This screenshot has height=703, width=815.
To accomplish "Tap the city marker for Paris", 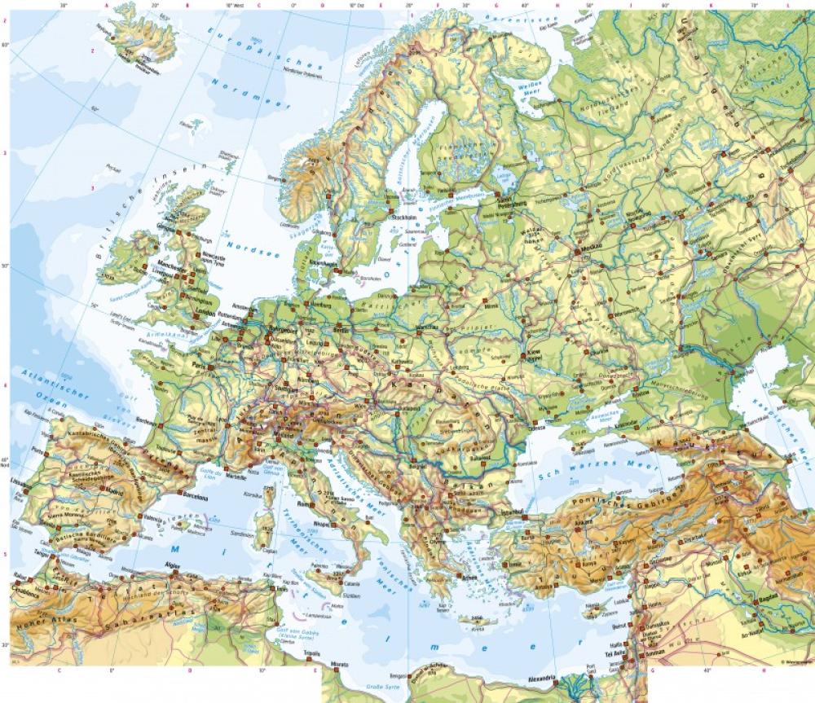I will coord(209,368).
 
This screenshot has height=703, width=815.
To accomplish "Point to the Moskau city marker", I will coord(578,252).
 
